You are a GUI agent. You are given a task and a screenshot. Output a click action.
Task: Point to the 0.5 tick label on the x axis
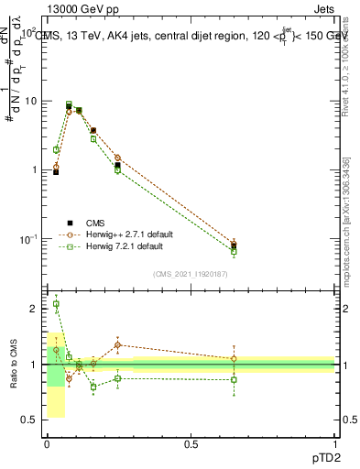tap(191, 443)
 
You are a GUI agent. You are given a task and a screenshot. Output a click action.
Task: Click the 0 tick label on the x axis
tap(47, 443)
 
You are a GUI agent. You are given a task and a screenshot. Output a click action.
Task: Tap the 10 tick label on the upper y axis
tap(29, 101)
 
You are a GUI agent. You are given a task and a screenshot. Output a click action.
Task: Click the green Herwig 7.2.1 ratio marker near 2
tap(56, 304)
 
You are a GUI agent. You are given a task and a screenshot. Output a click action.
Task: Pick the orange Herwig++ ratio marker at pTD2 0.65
tap(234, 359)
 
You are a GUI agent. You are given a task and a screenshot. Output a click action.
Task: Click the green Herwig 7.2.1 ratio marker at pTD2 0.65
tap(234, 379)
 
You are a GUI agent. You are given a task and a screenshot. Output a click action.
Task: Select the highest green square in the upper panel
tap(69, 104)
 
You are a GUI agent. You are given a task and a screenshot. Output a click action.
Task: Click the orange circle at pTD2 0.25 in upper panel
tap(117, 158)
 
